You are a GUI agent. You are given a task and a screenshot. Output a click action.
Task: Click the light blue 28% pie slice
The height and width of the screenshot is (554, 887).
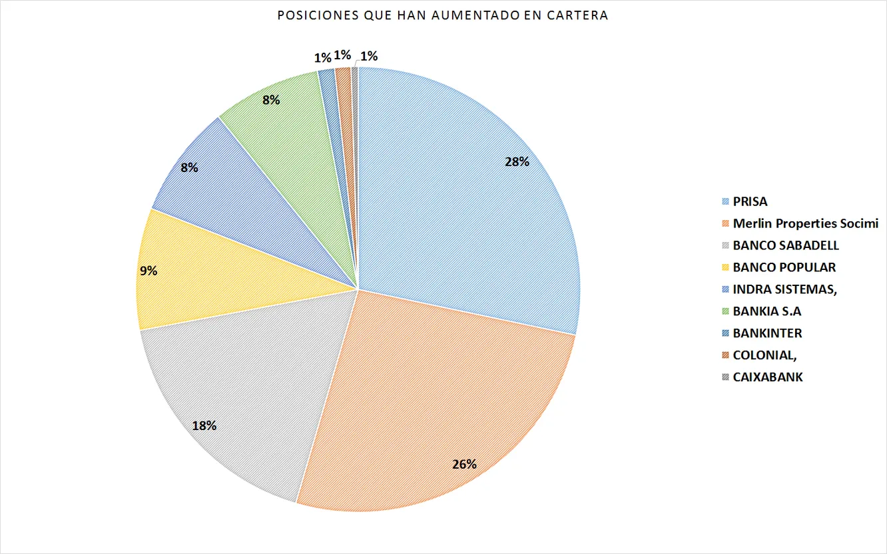[466, 200]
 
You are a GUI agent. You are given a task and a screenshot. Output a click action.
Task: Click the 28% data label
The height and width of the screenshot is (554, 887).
[517, 162]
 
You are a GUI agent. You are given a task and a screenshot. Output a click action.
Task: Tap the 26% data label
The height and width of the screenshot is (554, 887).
[464, 464]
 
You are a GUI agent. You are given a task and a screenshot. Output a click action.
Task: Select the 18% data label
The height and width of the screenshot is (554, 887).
[204, 425]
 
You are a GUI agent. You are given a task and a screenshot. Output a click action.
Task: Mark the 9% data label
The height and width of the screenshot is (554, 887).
[148, 271]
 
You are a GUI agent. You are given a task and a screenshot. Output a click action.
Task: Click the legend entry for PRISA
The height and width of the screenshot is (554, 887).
[750, 201]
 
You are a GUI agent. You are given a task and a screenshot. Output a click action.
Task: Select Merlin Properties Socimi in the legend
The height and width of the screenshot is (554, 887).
[805, 223]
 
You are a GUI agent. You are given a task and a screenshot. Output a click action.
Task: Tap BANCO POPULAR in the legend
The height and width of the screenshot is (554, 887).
[784, 267]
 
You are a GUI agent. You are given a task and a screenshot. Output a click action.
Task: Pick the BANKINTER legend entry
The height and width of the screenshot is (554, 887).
[767, 333]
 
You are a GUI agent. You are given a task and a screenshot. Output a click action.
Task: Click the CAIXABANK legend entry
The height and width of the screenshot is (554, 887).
[767, 377]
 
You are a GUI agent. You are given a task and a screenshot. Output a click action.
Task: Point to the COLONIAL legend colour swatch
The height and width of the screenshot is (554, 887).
[725, 355]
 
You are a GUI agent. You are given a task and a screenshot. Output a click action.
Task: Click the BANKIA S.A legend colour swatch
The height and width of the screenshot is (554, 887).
[725, 311]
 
